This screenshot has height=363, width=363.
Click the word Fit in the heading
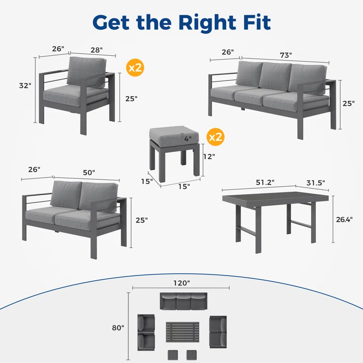coord(257,22)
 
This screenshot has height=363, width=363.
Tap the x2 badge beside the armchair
coord(135,68)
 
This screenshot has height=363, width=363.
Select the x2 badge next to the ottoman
coord(215,137)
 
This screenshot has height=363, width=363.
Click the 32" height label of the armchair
coord(25,86)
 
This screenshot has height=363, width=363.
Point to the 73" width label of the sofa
coord(286,55)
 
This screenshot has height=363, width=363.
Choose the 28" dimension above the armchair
coord(97,50)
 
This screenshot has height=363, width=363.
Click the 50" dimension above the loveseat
coord(89,173)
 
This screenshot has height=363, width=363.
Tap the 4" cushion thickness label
coord(188,139)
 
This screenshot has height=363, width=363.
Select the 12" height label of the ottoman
coord(209,157)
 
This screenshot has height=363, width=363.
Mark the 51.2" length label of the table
coord(265,182)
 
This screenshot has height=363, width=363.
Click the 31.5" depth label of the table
coord(315,183)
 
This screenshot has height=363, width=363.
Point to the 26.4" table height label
coord(344,219)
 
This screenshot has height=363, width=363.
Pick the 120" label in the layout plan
coord(182,283)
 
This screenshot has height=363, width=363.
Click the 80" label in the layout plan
coord(118,328)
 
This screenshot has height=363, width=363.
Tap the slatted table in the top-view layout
coord(182,332)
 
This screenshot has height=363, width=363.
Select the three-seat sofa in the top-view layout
coord(183,301)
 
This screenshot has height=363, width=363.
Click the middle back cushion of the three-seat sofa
coord(275,76)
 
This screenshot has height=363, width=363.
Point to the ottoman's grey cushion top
coord(174,134)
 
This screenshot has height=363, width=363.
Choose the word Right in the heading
coord(207,23)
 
